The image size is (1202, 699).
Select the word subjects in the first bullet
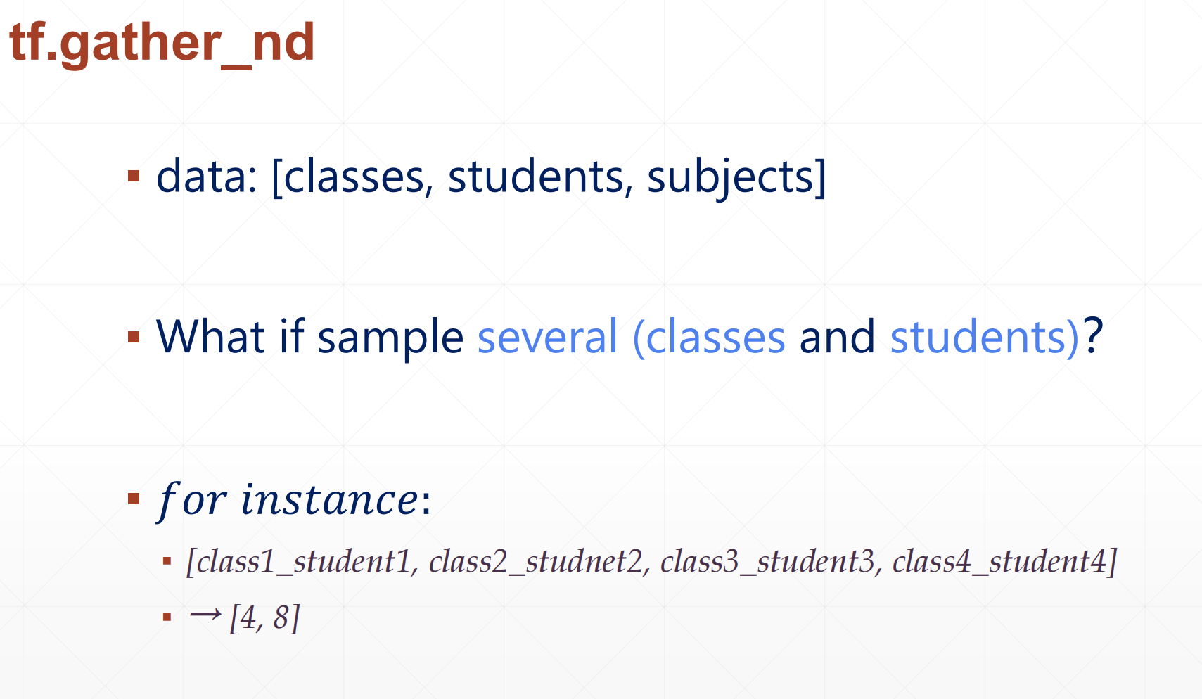click(x=730, y=179)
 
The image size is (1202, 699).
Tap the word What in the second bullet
click(x=210, y=336)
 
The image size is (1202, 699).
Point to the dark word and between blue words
click(x=837, y=336)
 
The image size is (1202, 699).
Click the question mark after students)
click(x=1092, y=335)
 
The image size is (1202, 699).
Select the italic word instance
click(x=329, y=499)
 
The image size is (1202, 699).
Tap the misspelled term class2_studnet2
click(x=535, y=562)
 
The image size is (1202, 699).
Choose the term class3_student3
click(x=767, y=562)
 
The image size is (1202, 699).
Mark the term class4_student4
click(x=999, y=562)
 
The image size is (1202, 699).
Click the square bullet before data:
click(x=134, y=175)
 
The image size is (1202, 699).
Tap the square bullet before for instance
click(x=134, y=499)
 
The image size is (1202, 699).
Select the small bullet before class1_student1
click(x=167, y=562)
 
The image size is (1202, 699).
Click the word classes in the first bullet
click(x=354, y=177)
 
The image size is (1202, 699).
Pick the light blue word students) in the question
click(x=984, y=338)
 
